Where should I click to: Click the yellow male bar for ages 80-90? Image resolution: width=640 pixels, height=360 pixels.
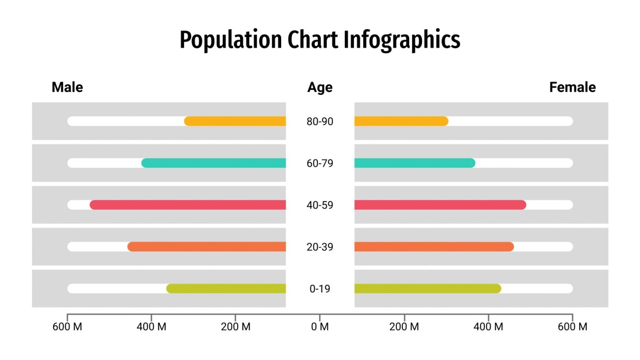click(x=235, y=121)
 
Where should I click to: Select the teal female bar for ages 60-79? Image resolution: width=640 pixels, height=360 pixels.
click(x=414, y=163)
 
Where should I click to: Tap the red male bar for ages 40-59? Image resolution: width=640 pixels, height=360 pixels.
click(x=188, y=205)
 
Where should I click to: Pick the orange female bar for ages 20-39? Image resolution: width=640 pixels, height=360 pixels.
click(x=434, y=247)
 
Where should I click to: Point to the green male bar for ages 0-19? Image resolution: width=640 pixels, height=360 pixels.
click(x=226, y=289)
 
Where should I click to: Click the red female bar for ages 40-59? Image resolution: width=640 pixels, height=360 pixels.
click(x=440, y=205)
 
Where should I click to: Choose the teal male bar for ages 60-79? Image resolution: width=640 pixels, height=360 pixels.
click(x=214, y=163)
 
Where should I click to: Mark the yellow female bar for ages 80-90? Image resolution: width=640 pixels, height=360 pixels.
click(x=401, y=121)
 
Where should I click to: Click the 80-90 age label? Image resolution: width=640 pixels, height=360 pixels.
click(x=320, y=122)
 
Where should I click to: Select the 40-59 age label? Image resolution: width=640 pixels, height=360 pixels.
click(x=320, y=205)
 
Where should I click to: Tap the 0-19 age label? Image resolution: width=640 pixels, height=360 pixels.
click(x=320, y=289)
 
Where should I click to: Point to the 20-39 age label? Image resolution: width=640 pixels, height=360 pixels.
click(x=320, y=247)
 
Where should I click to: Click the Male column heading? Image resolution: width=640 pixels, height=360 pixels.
click(x=67, y=87)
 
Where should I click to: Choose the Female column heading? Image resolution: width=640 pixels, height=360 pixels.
click(x=572, y=87)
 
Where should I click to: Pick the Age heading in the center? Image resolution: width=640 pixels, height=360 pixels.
click(x=320, y=88)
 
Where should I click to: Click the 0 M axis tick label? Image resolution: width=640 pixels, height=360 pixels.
click(x=320, y=327)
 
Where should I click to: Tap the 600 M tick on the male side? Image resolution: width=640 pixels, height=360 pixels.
click(x=67, y=327)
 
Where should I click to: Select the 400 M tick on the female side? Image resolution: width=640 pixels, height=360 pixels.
click(x=488, y=327)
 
